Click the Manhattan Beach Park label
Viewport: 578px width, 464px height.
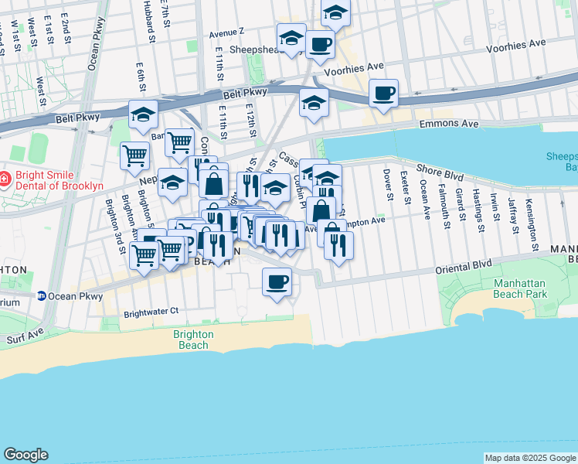point(521,288)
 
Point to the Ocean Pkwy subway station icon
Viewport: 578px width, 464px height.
point(41,295)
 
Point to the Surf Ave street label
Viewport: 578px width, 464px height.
point(21,339)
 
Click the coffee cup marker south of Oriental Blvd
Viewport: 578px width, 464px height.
point(277,282)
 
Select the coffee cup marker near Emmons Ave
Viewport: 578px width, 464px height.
point(383,94)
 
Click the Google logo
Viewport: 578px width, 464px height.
point(25,455)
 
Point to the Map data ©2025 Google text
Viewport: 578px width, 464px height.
point(529,458)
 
